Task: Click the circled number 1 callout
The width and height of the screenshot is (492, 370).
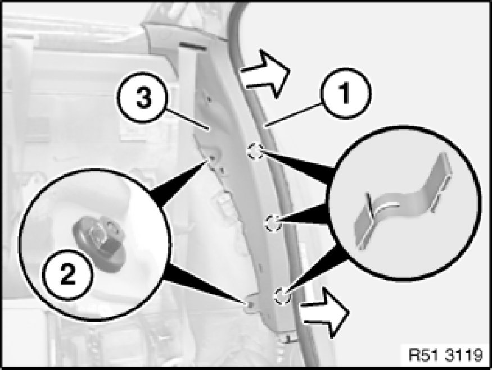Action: point(346,93)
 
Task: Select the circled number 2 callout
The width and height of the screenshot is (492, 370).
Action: point(68,275)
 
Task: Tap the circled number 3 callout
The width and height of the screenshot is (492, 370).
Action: point(143,97)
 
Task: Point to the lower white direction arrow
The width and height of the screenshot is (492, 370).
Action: point(324,313)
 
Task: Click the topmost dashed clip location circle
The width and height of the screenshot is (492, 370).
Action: point(255,152)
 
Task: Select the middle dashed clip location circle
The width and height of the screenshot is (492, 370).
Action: point(272,223)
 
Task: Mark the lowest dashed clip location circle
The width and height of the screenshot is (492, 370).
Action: point(282,296)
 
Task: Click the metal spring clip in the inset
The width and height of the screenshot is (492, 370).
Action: point(403,200)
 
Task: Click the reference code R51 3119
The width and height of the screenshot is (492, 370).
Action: point(445,355)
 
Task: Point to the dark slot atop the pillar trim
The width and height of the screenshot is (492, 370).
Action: point(193,47)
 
